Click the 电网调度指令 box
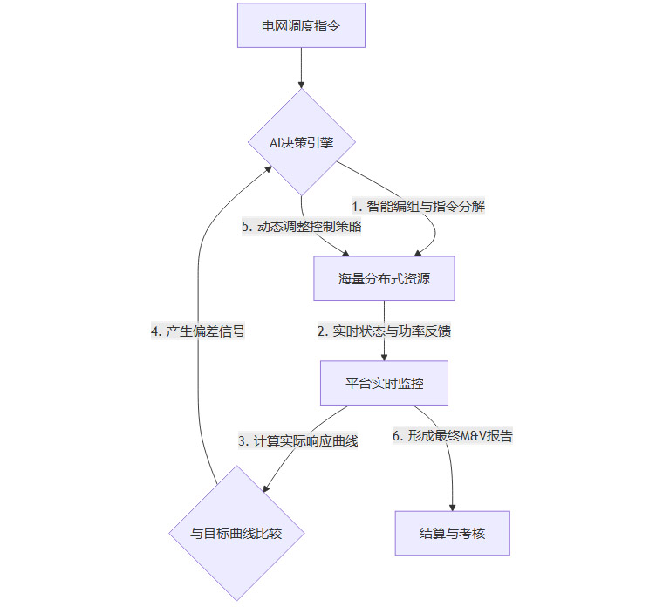[301, 24]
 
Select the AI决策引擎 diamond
[301, 142]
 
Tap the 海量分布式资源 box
[384, 279]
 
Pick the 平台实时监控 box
[384, 383]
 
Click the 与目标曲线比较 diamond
[236, 533]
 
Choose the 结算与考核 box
[452, 533]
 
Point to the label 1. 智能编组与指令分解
[418, 207]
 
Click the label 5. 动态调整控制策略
[301, 227]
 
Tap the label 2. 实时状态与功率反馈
[384, 331]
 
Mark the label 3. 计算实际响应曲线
[299, 441]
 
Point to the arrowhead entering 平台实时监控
[384, 356]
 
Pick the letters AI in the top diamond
[275, 142]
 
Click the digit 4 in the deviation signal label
[154, 331]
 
